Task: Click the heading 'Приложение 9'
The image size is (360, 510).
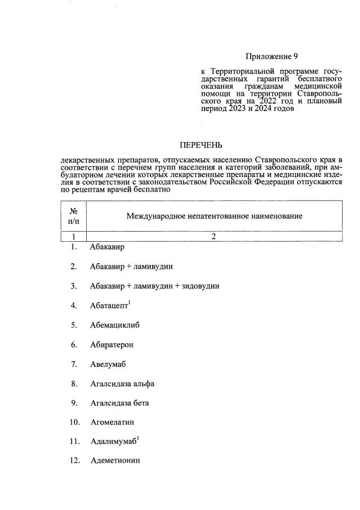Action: click(271, 56)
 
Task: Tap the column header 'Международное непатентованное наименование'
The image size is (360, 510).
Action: click(214, 216)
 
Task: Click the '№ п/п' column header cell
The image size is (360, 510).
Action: click(73, 216)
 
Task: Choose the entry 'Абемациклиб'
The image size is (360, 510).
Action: click(114, 325)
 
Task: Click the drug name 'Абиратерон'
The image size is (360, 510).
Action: click(112, 344)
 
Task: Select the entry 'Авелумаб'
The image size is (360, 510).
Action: click(108, 364)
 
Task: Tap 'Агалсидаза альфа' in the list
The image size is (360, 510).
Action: click(122, 384)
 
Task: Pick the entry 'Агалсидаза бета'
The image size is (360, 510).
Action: click(119, 403)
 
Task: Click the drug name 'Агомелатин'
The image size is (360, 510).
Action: click(112, 422)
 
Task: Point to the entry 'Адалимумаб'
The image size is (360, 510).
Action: click(113, 441)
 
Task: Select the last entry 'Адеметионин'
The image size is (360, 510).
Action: click(115, 460)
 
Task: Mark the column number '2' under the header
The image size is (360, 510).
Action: click(214, 237)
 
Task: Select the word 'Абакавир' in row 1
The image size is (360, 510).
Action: click(107, 247)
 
